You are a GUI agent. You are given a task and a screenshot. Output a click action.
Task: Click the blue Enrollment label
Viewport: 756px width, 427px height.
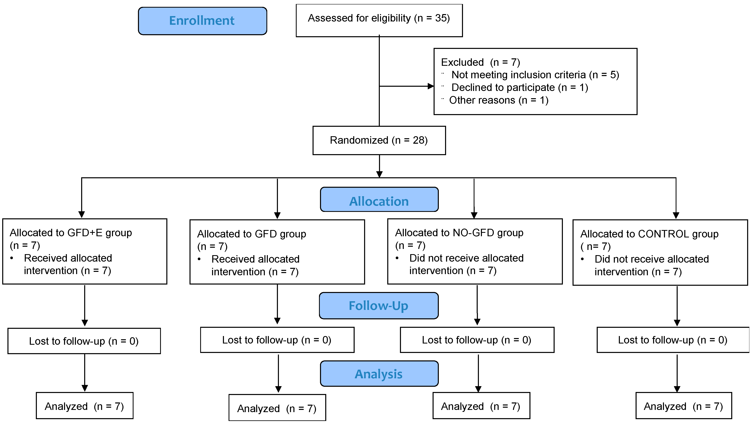coord(202,21)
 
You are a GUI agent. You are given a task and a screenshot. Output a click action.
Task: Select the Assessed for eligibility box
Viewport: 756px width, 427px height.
coord(379,20)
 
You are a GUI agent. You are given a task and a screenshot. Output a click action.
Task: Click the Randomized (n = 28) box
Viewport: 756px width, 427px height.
coord(379,140)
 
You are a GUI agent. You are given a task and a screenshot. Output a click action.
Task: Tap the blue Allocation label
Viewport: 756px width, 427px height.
coord(379,201)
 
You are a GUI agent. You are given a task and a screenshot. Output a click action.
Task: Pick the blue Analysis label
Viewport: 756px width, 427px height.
coord(379,374)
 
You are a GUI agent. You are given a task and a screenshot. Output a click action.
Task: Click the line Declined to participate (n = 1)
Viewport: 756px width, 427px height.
coord(519,87)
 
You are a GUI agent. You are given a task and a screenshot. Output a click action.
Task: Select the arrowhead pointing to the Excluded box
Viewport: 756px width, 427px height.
coord(431,86)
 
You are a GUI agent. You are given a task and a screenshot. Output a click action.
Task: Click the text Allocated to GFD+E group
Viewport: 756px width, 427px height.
coord(71,233)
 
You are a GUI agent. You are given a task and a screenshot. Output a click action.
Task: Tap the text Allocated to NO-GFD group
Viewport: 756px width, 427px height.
coord(459,233)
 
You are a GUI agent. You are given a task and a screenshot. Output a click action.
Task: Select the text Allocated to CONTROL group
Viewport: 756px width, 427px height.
coord(649,234)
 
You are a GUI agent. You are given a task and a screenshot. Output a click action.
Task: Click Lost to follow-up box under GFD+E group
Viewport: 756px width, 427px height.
coord(84,341)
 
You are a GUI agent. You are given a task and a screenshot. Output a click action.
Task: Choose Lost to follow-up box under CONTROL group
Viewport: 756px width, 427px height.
coord(672,340)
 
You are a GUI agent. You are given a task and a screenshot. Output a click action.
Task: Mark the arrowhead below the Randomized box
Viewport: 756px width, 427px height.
coord(379,174)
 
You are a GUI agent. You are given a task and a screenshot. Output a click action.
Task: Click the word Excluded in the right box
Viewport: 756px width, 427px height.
coord(462,62)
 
